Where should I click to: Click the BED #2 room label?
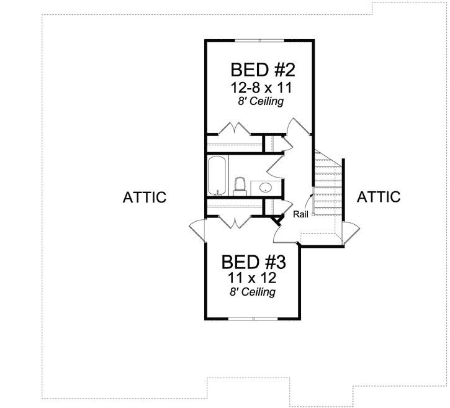pos(259,68)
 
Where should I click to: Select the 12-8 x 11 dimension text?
pos(259,86)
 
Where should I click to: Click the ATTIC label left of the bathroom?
pos(145,198)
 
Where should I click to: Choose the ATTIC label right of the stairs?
pos(379,197)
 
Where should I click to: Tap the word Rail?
pos(301,215)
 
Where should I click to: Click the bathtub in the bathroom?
pos(217,177)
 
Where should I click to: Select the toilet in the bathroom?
pos(240,186)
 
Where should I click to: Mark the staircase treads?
pos(327,186)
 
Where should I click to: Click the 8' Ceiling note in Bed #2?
pos(259,101)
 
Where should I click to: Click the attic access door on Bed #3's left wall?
pos(198,229)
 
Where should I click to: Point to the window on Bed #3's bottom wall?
pos(253,319)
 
